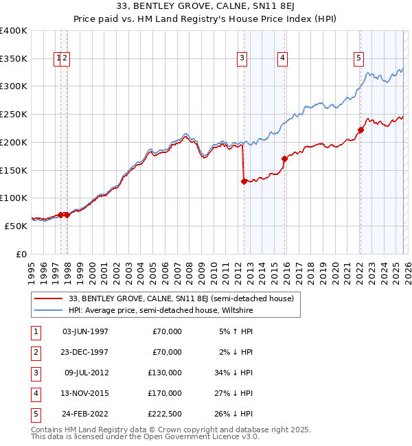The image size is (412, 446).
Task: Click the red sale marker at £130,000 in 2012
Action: click(x=244, y=181)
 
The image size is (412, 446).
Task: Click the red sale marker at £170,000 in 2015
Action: click(x=284, y=159)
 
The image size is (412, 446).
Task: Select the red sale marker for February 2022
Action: click(x=360, y=130)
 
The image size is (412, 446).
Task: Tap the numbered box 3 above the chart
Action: click(x=242, y=59)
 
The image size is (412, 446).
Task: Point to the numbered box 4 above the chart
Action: click(x=282, y=59)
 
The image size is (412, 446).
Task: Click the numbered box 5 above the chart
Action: click(x=358, y=59)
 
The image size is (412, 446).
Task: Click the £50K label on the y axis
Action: click(x=16, y=226)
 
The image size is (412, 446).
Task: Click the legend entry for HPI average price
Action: click(x=161, y=310)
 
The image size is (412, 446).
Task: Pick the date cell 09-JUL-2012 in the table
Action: click(x=85, y=373)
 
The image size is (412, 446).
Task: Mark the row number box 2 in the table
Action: click(x=34, y=352)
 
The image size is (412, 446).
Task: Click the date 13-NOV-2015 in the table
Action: click(x=85, y=393)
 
